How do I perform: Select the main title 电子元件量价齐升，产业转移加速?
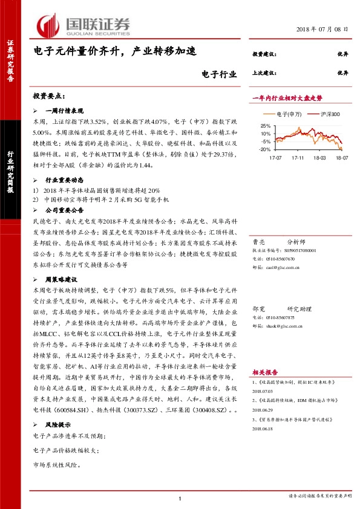(114, 53)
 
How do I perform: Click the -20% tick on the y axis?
(264, 149)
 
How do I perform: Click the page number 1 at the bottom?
(180, 498)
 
